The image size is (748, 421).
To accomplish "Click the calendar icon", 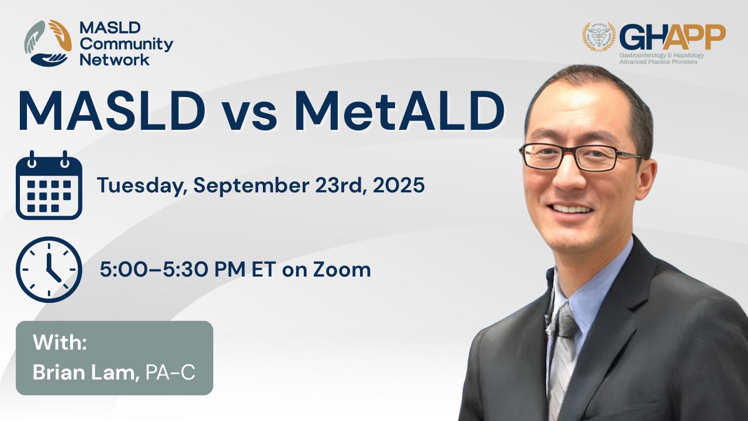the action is pyautogui.click(x=49, y=185).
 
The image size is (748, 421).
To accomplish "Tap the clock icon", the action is pyautogui.click(x=49, y=270).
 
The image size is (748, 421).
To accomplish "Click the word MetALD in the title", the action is pyautogui.click(x=399, y=111).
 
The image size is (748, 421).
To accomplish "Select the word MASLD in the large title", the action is pyautogui.click(x=112, y=111).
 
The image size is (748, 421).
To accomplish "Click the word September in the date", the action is pyautogui.click(x=251, y=186).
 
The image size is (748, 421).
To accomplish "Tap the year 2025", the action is pyautogui.click(x=399, y=185).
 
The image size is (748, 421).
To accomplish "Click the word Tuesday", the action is pyautogui.click(x=142, y=186).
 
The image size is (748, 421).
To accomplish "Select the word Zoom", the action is pyautogui.click(x=342, y=270).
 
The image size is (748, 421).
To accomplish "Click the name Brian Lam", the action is pyautogui.click(x=86, y=372).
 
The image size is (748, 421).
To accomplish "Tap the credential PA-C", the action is pyautogui.click(x=170, y=372).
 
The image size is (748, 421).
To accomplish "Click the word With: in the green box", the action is pyautogui.click(x=60, y=342).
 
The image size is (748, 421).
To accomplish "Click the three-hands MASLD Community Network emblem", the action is pyautogui.click(x=48, y=43).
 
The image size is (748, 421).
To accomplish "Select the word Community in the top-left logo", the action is pyautogui.click(x=127, y=44).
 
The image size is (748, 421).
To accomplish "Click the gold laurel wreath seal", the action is pyautogui.click(x=600, y=37).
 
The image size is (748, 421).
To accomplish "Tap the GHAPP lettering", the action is pyautogui.click(x=673, y=37).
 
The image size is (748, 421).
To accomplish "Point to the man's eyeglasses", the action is pyautogui.click(x=581, y=156).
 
